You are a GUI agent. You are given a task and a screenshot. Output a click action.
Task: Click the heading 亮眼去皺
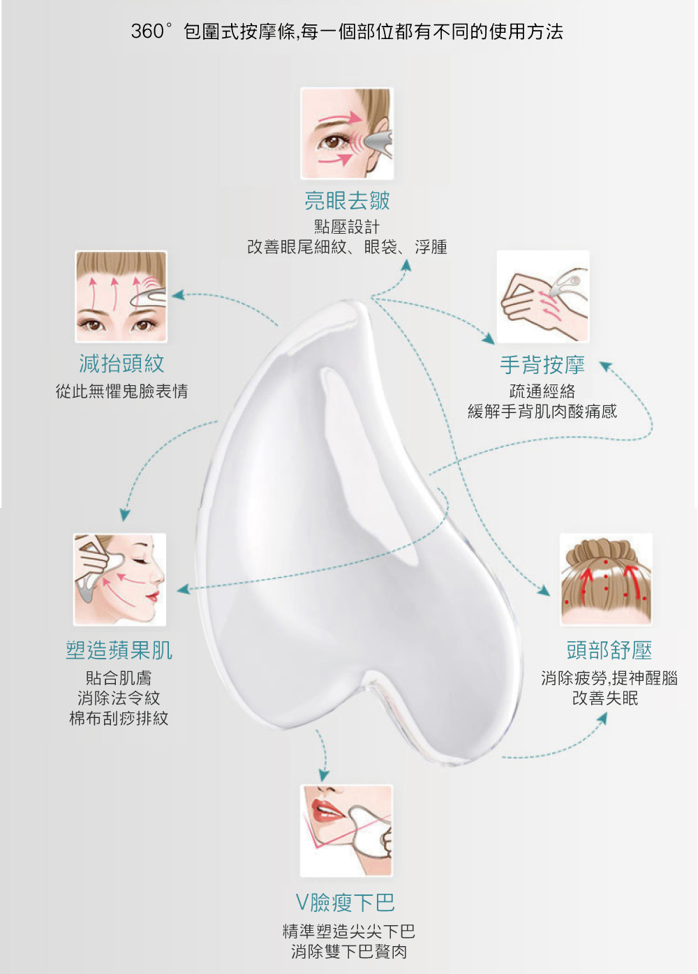[347, 200]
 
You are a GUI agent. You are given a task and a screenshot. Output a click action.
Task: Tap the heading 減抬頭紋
[121, 364]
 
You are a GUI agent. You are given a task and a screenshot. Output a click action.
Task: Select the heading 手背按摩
[542, 364]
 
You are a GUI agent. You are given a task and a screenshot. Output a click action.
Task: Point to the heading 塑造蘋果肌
[119, 650]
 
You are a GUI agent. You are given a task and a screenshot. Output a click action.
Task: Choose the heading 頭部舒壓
[609, 650]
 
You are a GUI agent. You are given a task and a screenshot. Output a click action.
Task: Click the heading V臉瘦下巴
[346, 903]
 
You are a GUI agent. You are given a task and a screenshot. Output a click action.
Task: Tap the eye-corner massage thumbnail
[347, 133]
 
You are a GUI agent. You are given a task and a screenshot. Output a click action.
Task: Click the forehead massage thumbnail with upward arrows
[121, 297]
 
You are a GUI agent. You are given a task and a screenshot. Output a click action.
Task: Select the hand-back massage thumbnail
[543, 297]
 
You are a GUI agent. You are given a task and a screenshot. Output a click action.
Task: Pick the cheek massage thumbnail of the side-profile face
[119, 580]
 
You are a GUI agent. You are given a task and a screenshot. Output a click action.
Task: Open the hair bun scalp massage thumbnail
[606, 580]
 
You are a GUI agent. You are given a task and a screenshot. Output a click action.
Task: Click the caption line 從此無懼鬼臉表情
[121, 391]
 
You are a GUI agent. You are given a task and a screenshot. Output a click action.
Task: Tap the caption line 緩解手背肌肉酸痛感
[542, 412]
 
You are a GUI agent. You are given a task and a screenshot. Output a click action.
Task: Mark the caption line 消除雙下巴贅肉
[349, 952]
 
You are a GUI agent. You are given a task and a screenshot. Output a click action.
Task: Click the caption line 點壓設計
[347, 227]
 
